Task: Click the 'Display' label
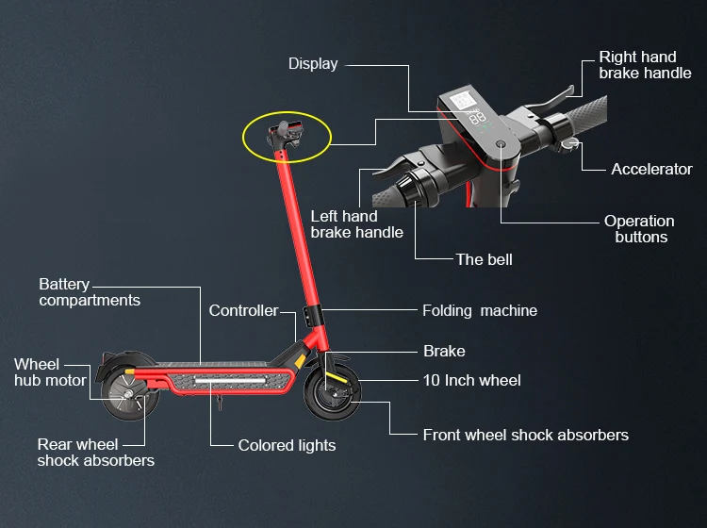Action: [312, 64]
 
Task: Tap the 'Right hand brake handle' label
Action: [645, 65]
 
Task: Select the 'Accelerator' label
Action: [651, 169]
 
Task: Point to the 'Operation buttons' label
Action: [639, 229]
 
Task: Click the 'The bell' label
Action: [484, 259]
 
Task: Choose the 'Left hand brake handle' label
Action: [356, 224]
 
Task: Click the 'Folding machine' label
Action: [479, 310]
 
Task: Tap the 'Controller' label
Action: [243, 310]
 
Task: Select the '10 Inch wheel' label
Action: [471, 380]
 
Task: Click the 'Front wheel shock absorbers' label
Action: [525, 435]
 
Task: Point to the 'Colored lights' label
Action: [287, 445]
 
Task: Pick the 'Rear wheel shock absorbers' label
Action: [95, 453]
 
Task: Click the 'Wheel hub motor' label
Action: [50, 372]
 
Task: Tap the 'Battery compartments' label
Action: [89, 292]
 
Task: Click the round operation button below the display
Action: [500, 144]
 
